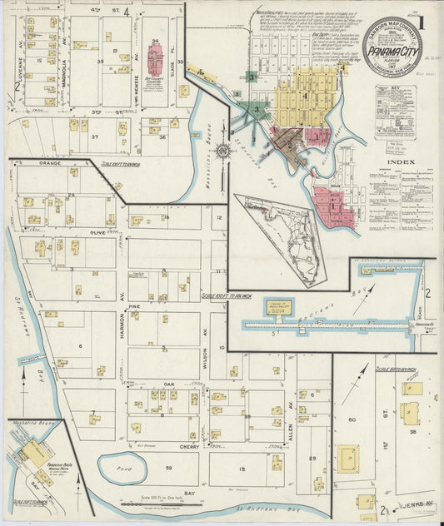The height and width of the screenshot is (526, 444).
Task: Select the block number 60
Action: (x=352, y=419)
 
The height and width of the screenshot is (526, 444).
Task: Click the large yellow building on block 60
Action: (x=348, y=456)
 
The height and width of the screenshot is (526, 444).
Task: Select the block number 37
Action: (x=95, y=136)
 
